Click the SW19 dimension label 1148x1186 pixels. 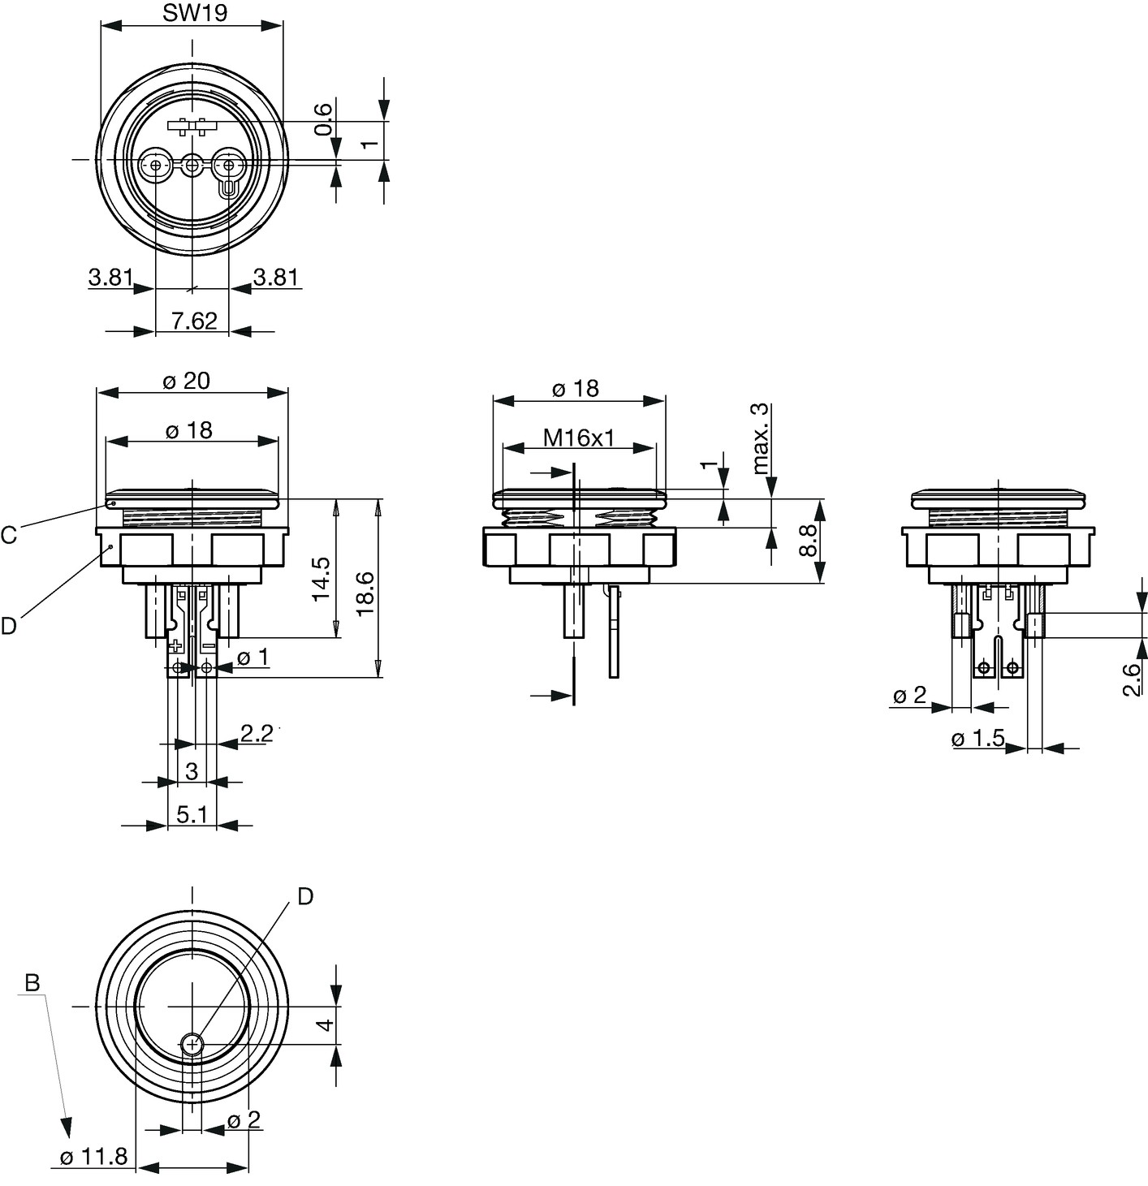(x=195, y=13)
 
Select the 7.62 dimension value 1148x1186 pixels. (x=194, y=321)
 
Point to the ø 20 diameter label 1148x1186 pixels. (x=187, y=381)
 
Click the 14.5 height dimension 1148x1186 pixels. (x=321, y=578)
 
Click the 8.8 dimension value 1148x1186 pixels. (x=807, y=540)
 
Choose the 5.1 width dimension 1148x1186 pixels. (x=192, y=813)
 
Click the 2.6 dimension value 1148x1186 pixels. (x=1131, y=679)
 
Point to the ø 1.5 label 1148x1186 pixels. (x=978, y=738)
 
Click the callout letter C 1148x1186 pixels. (x=9, y=535)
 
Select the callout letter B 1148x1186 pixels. (x=32, y=983)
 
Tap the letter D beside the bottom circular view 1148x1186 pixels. (x=304, y=896)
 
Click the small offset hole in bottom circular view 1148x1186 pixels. (x=192, y=1046)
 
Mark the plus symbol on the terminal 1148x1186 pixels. (x=176, y=645)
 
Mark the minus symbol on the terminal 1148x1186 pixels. (x=209, y=645)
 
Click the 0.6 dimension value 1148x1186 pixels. (x=324, y=119)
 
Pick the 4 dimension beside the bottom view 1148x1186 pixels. (x=326, y=1024)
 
